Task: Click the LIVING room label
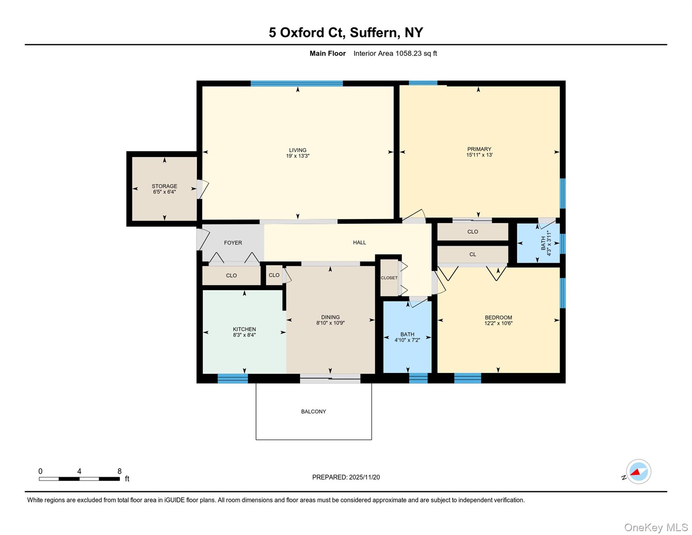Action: tap(297, 150)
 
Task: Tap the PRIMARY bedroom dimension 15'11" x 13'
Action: tap(479, 155)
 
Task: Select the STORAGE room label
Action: tap(164, 186)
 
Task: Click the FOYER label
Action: tap(233, 243)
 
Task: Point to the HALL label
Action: tap(359, 242)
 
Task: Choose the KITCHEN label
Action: tap(244, 329)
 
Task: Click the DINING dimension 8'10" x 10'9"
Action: tap(330, 323)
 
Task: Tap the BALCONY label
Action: tap(313, 411)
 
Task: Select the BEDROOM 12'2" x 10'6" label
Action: tap(498, 318)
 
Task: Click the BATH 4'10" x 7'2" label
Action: tap(407, 334)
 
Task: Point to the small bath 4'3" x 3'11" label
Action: tap(545, 243)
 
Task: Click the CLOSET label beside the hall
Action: tap(389, 278)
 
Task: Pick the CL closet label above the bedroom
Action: tap(472, 254)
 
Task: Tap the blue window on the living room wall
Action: tap(297, 83)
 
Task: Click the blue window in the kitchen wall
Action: tap(233, 378)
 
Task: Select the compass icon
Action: tap(638, 472)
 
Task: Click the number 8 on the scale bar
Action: tap(119, 471)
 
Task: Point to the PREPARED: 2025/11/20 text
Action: tap(346, 477)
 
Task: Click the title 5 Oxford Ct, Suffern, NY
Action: tap(346, 32)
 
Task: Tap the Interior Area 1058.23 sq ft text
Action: tap(395, 53)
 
